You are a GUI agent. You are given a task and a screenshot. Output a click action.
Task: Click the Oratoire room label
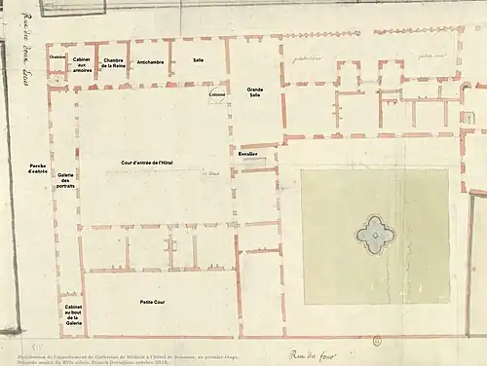coord(57,56)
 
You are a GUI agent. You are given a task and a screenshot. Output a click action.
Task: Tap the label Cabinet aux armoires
coord(83,64)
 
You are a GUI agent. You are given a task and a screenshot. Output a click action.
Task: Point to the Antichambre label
coord(150,61)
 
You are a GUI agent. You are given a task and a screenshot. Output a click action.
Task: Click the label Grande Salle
coord(254,92)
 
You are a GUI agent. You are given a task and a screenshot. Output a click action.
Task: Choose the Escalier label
coord(247,154)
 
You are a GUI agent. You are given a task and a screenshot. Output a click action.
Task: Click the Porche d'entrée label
coord(39,168)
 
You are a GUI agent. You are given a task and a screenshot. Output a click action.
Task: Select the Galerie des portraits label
coord(66,179)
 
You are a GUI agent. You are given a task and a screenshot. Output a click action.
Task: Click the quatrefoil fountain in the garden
coord(374,234)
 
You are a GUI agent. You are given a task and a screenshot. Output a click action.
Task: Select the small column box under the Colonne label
coord(217,94)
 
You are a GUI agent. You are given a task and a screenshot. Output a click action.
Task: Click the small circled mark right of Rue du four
coord(376,341)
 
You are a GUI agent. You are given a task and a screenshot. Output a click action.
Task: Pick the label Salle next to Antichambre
coord(198,60)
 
